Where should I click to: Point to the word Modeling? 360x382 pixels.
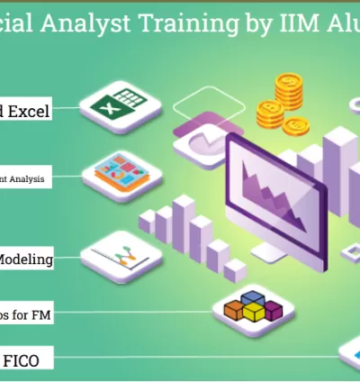click(24, 259)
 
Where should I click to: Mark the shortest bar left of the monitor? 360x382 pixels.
click(236, 269)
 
